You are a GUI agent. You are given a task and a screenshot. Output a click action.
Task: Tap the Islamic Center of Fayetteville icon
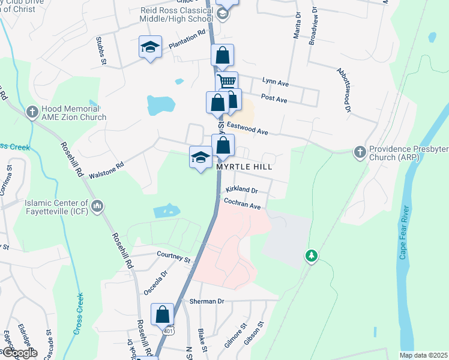[97, 207]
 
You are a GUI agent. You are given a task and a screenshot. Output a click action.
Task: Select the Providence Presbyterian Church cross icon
[359, 151]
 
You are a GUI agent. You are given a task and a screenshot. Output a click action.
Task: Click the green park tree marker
[311, 256]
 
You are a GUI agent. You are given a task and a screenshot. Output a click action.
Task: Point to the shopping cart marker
[227, 82]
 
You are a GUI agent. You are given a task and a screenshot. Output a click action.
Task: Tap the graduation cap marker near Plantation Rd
[150, 47]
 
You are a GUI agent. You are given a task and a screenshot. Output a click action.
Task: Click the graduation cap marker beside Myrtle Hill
[200, 157]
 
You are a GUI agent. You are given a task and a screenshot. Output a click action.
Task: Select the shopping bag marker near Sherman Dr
[163, 314]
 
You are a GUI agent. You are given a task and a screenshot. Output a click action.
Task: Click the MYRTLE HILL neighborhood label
[244, 167]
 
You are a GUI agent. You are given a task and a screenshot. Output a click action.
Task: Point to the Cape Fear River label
[404, 233]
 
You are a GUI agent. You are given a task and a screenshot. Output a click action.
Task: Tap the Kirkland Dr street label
[241, 190]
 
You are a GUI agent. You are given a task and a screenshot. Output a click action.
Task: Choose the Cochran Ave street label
[243, 205]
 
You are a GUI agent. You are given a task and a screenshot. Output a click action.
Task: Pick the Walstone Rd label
[106, 170]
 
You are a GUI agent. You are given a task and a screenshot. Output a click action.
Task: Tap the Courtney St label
[173, 257]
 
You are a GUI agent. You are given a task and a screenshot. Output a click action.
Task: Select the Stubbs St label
[101, 50]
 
